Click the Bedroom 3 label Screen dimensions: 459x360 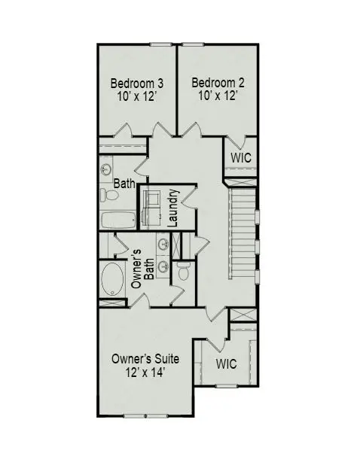click(x=138, y=82)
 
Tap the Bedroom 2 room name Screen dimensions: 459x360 click(x=218, y=82)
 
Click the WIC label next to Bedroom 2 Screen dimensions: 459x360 click(x=240, y=158)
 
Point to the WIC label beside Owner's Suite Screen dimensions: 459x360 click(x=226, y=363)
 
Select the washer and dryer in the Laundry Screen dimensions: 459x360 click(x=152, y=205)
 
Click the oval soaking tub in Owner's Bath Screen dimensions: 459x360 click(x=114, y=278)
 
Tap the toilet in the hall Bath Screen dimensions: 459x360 click(x=110, y=196)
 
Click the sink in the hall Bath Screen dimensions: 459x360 click(x=106, y=169)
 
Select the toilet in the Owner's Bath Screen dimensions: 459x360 click(x=183, y=269)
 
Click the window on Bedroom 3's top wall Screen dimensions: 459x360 click(x=160, y=44)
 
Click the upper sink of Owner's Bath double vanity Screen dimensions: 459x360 click(x=162, y=242)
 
